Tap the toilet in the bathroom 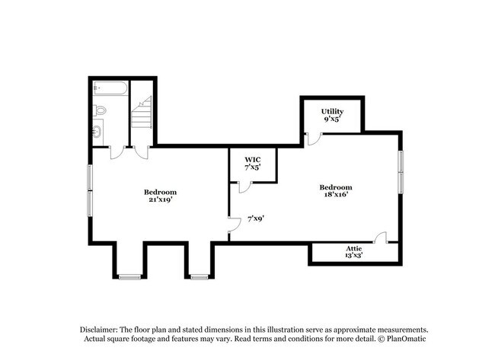point(101,111)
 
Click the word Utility point(333,111)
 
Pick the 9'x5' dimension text point(333,119)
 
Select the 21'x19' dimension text point(161,199)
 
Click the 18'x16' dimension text point(335,196)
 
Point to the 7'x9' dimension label point(256,218)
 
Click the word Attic point(353,249)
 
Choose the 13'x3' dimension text point(353,256)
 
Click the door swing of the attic point(383,237)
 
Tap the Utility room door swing point(312,139)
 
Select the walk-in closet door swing point(244,186)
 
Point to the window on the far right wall point(401,171)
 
